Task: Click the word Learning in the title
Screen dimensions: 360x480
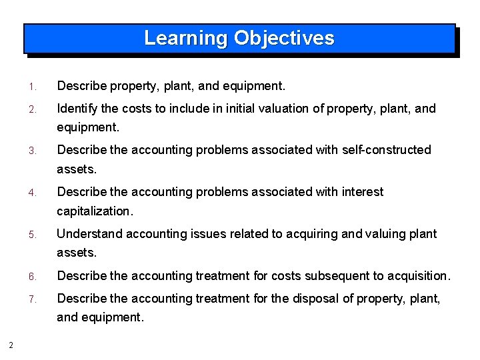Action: click(186, 38)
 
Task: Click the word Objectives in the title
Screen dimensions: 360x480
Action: click(283, 38)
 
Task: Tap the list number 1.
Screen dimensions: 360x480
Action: click(31, 87)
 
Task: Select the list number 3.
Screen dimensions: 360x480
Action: click(31, 151)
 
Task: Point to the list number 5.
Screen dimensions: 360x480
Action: click(31, 235)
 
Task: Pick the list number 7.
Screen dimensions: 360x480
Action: click(31, 299)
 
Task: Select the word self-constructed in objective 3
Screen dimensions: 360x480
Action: click(387, 150)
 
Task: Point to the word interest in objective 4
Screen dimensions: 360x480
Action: click(361, 192)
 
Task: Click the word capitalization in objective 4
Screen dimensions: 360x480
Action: click(94, 211)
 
